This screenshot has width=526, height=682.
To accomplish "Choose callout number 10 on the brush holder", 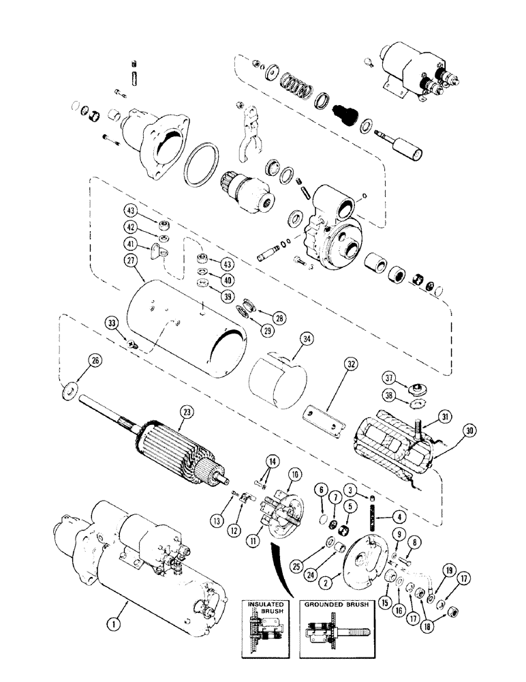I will coord(296,474).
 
